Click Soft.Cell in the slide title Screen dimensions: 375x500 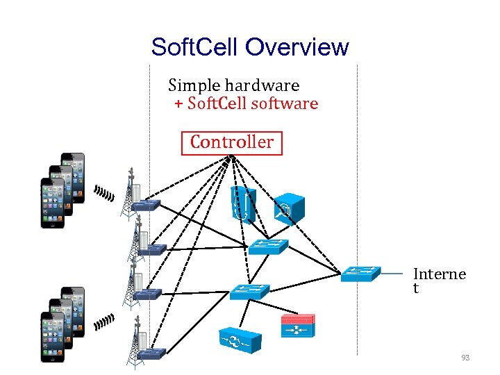pyautogui.click(x=196, y=47)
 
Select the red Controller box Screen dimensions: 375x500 pyautogui.click(x=232, y=142)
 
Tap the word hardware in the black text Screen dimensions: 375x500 pyautogui.click(x=266, y=85)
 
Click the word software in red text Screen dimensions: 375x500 pyautogui.click(x=286, y=104)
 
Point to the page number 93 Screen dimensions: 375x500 pyautogui.click(x=465, y=358)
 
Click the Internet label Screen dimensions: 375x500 pyautogui.click(x=439, y=281)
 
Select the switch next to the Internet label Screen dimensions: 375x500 pyautogui.click(x=361, y=273)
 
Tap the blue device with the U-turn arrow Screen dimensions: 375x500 pyautogui.click(x=242, y=203)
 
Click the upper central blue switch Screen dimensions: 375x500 pyautogui.click(x=269, y=246)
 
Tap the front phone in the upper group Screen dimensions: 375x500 pyautogui.click(x=53, y=203)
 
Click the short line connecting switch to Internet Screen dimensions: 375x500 pyautogui.click(x=392, y=274)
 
